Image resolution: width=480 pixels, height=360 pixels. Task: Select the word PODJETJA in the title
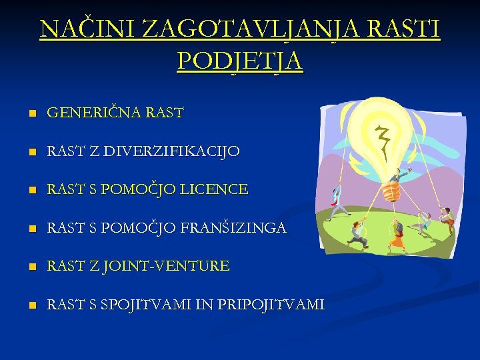tap(240, 61)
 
